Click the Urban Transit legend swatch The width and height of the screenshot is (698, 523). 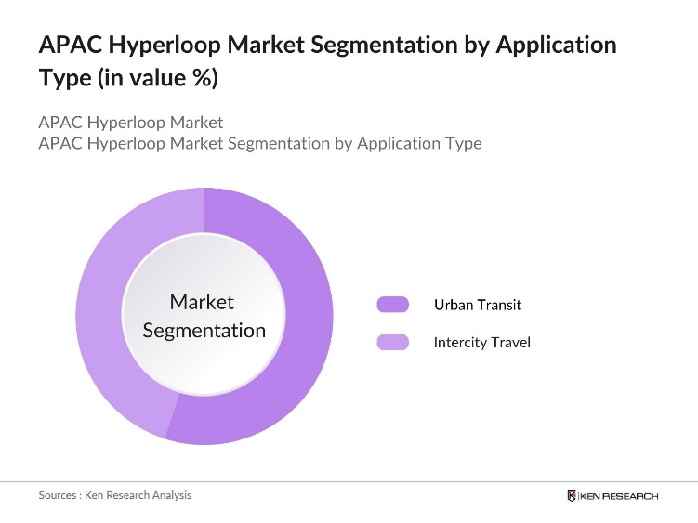pos(392,305)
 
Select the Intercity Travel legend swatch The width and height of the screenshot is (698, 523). pos(392,343)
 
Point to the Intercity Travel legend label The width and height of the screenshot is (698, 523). pos(481,343)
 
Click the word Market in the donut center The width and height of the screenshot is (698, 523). pos(202,302)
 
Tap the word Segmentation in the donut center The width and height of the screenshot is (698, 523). pos(204,331)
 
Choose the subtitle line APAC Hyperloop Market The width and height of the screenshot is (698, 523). pos(131,122)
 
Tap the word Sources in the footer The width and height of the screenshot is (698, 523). pos(57,495)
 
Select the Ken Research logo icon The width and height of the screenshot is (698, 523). pos(572,496)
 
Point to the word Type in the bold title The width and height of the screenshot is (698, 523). pos(63,79)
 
